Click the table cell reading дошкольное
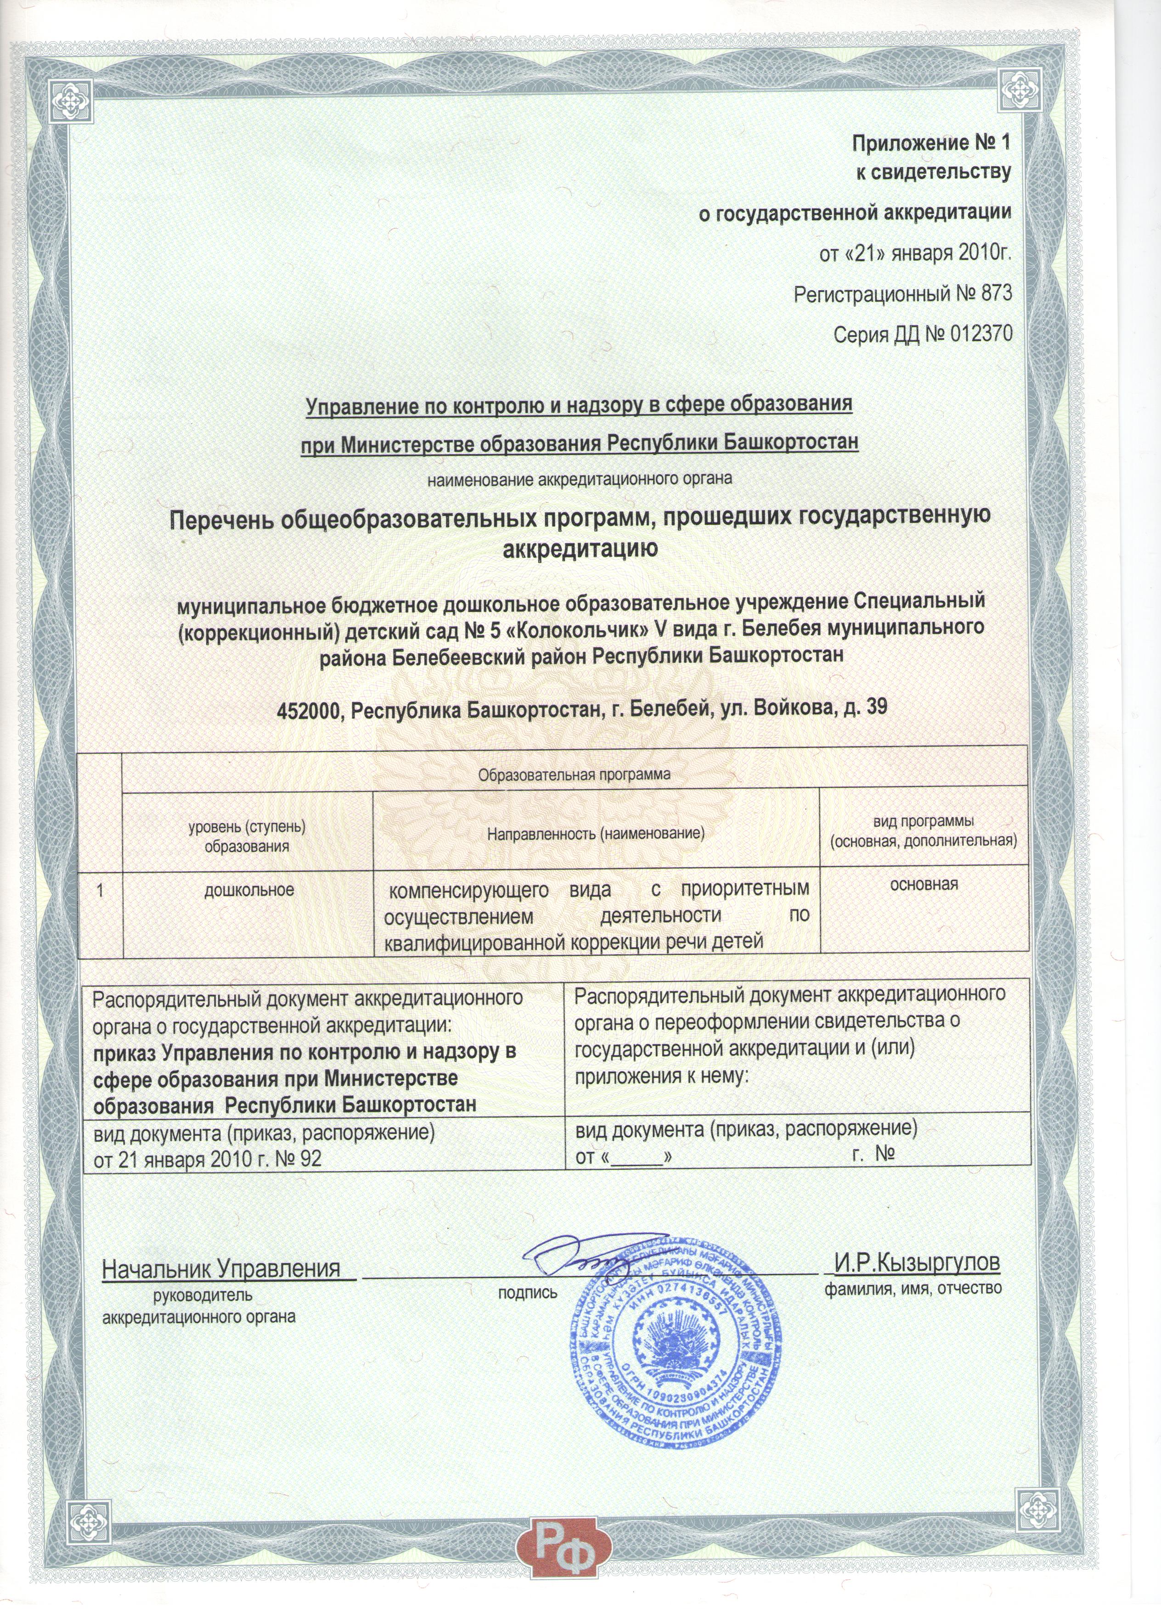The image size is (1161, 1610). (x=248, y=890)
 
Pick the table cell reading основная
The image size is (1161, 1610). (x=924, y=885)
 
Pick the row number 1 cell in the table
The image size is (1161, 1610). (x=101, y=890)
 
